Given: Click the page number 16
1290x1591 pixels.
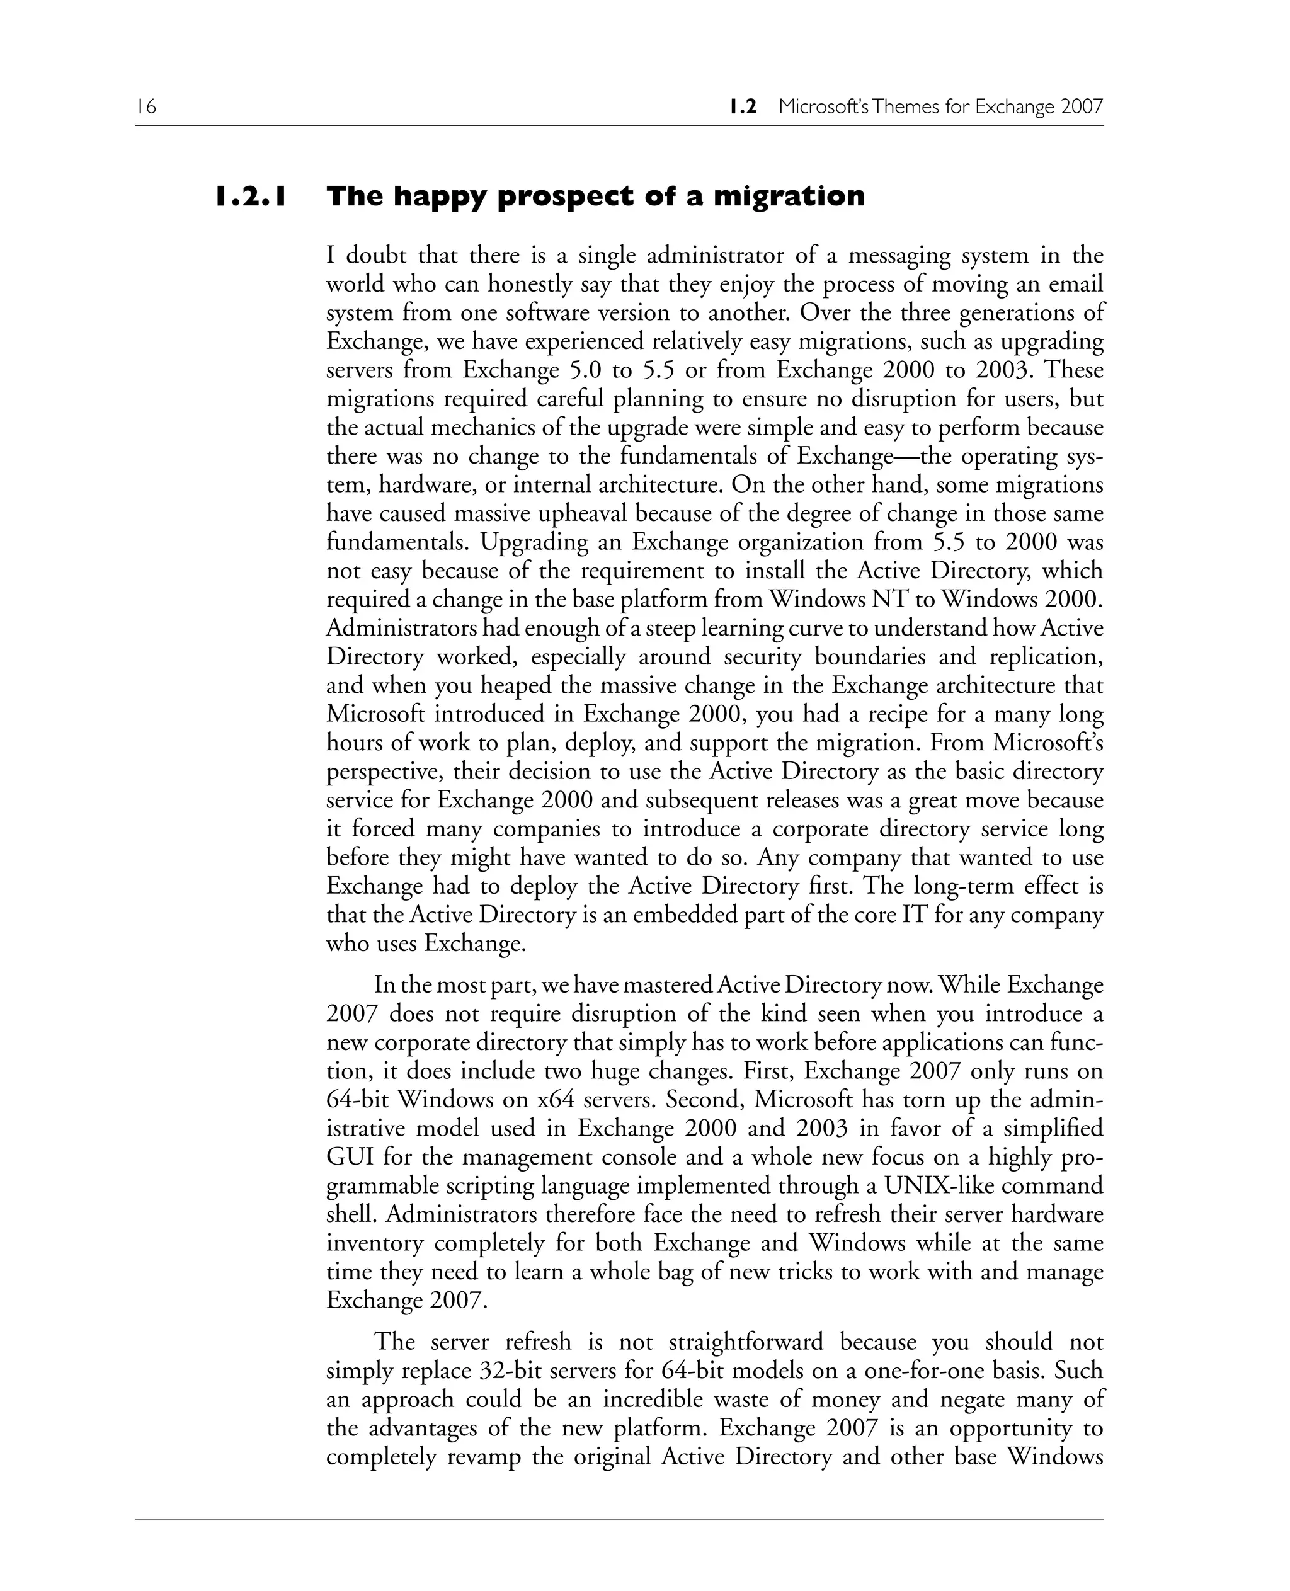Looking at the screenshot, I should coord(146,107).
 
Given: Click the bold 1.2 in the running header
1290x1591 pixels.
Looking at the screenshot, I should coord(743,107).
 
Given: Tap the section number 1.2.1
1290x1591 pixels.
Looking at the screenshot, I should coord(251,196).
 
